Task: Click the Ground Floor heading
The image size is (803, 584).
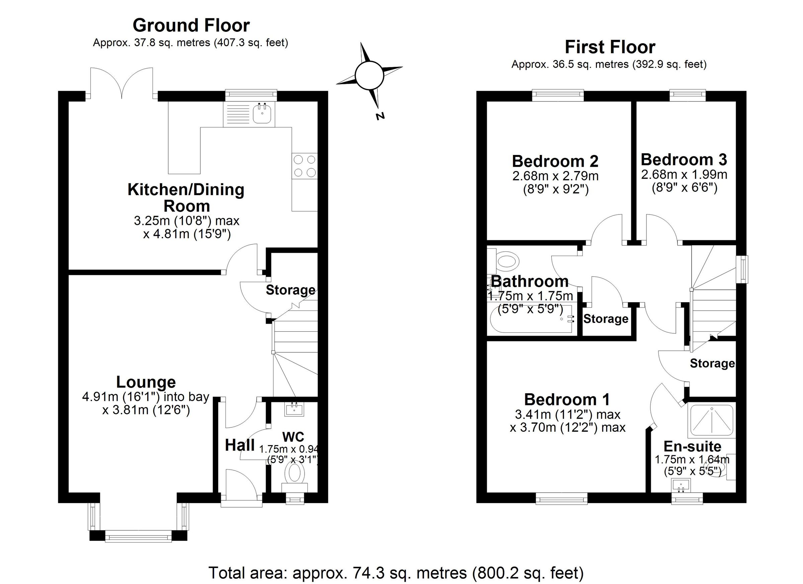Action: coord(191,25)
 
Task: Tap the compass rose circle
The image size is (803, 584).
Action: coord(369,75)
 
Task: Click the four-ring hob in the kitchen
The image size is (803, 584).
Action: coord(305,166)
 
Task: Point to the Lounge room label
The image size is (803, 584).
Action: coord(146,382)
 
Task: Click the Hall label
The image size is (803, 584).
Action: coord(240,445)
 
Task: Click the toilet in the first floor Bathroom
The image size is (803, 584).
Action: coord(507,262)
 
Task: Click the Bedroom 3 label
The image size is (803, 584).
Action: coord(684,160)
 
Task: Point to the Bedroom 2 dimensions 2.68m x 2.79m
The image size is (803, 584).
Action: coord(555,176)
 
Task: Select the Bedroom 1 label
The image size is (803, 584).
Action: coord(567,400)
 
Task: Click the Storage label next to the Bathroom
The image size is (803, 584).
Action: coord(606,319)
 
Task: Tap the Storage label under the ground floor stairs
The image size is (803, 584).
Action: coord(290,290)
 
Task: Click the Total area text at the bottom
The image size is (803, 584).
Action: coord(395,572)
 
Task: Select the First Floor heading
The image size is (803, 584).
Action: coord(610,47)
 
